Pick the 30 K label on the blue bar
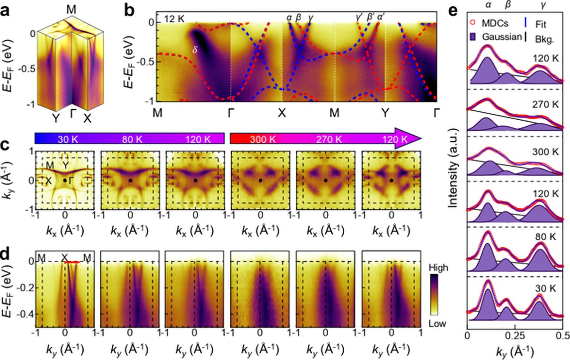click(67, 139)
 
